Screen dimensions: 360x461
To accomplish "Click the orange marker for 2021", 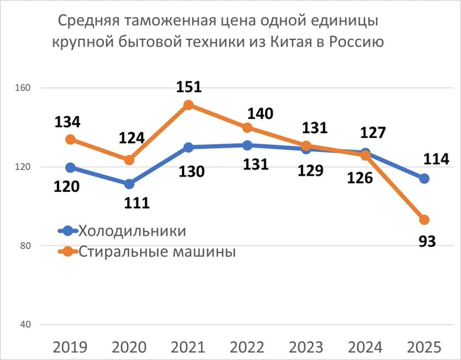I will (188, 105).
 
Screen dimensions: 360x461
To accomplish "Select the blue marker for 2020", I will (129, 184).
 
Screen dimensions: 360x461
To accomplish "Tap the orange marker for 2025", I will (424, 220).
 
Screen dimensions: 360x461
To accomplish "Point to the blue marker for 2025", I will (424, 179).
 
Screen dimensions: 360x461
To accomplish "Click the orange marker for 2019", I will (70, 139).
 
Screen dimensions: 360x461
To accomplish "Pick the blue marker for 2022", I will (247, 146).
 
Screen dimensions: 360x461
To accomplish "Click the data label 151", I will (188, 87).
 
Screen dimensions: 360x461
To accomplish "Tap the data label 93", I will (427, 242).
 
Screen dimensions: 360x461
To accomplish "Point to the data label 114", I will (436, 160).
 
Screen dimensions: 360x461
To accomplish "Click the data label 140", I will (259, 113).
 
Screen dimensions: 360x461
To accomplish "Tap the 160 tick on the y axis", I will (24, 89).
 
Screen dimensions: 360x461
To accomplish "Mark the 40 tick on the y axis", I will (26, 325).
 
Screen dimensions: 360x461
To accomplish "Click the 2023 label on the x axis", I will (306, 346).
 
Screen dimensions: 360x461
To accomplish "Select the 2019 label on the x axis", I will (70, 346).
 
